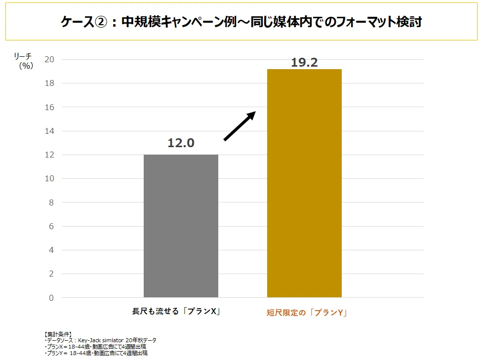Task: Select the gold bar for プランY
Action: [304, 183]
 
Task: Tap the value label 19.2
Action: [304, 63]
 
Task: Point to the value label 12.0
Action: [181, 143]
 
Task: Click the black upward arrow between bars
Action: [240, 126]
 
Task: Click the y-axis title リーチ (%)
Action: [23, 61]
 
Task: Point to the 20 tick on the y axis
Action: [49, 60]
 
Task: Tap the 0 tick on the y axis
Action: [51, 298]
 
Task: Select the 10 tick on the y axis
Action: [49, 179]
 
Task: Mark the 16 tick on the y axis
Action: [49, 107]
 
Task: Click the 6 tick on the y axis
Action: [51, 226]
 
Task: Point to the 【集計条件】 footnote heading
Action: [58, 334]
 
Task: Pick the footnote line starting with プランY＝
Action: [96, 353]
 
